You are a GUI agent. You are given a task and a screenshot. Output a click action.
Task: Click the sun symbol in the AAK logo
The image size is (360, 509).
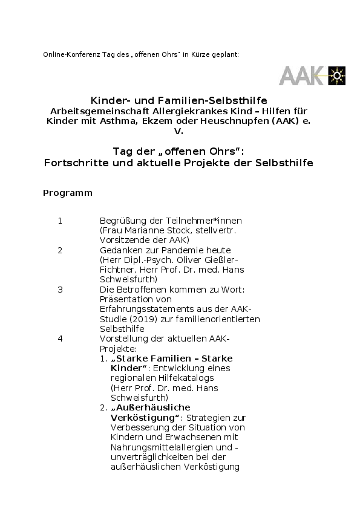tap(337, 76)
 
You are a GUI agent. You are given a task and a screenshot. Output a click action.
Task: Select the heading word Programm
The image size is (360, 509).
tap(68, 193)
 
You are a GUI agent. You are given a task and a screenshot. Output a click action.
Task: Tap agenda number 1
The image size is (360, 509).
tap(60, 221)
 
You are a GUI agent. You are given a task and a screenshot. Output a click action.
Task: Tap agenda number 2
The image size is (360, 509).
tap(60, 250)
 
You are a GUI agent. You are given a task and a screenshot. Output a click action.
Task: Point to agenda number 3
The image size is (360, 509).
tap(60, 290)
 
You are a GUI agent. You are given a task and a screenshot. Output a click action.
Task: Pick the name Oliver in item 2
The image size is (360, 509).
tap(183, 260)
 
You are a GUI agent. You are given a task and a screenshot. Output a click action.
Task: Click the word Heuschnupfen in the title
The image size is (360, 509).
tap(209, 120)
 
